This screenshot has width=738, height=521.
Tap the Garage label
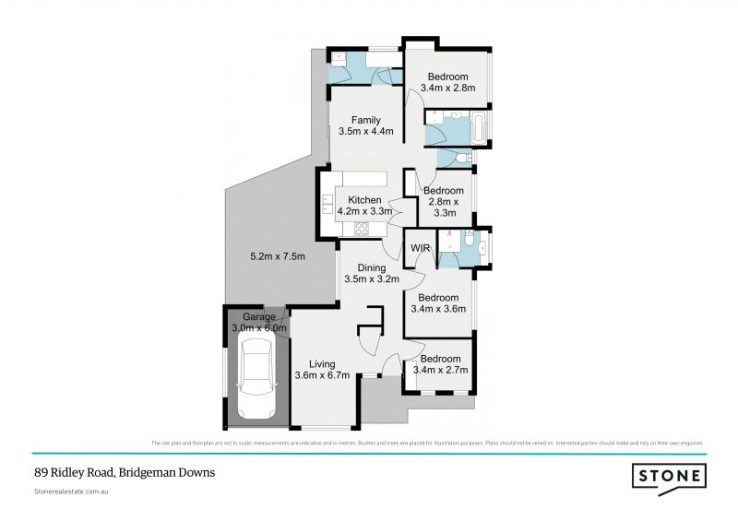pyautogui.click(x=259, y=317)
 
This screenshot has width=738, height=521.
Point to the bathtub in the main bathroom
pyautogui.click(x=482, y=126)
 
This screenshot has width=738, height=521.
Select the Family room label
pyautogui.click(x=366, y=120)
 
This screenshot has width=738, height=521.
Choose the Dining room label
pyautogui.click(x=365, y=268)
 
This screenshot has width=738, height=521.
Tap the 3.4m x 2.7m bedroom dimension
pyautogui.click(x=443, y=370)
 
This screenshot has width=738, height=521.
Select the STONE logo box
pyautogui.click(x=669, y=476)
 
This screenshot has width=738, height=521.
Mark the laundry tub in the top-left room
pyautogui.click(x=339, y=59)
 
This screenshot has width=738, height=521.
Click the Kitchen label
pyautogui.click(x=364, y=200)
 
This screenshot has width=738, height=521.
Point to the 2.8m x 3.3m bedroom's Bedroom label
pyautogui.click(x=444, y=191)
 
